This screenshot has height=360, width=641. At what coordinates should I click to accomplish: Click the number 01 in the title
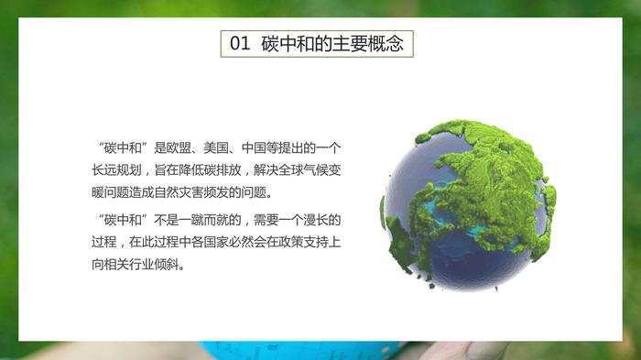[x=240, y=43]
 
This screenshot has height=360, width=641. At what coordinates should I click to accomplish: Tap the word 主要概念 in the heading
[x=368, y=43]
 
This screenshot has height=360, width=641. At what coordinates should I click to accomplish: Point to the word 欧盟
[x=179, y=147]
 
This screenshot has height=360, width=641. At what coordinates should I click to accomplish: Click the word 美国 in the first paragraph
[x=216, y=147]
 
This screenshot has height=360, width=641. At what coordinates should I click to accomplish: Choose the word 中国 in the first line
[x=254, y=147]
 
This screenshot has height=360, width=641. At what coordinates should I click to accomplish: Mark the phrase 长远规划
[x=116, y=169]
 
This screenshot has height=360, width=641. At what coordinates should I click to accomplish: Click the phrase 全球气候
[x=304, y=169]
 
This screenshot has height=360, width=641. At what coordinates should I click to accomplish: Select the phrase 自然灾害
[x=179, y=191]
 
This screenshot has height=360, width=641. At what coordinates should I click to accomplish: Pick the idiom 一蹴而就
[x=204, y=220]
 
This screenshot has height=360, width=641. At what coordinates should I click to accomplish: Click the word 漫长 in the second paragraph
[x=316, y=220]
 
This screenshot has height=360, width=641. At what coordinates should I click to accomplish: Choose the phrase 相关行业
[x=129, y=264]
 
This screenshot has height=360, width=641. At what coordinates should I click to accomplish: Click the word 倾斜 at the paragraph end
[x=167, y=264]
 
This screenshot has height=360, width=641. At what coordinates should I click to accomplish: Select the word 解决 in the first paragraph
[x=266, y=169]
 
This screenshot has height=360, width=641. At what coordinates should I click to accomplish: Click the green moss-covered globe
[x=469, y=205]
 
